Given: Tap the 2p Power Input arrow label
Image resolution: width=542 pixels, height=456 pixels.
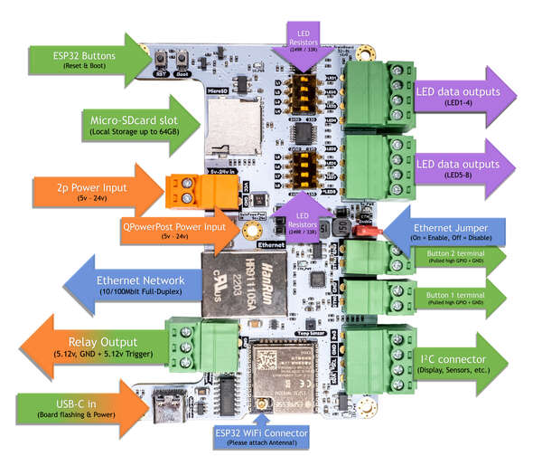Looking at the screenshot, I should pos(86,190).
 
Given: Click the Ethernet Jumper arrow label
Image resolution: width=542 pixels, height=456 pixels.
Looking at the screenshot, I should pos(452,231).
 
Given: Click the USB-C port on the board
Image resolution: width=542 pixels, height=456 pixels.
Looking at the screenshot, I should pos(169,403).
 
